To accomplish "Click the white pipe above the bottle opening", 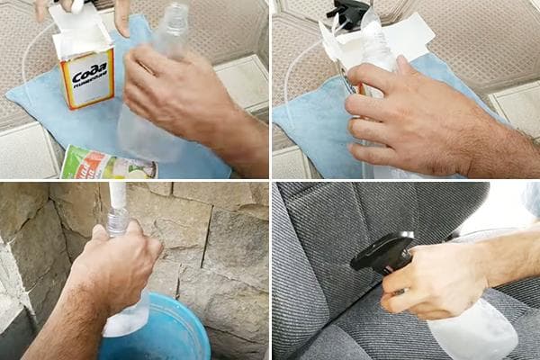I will [117, 194].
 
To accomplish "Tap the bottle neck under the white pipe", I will [116, 221].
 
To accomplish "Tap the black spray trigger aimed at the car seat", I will [378, 252].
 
